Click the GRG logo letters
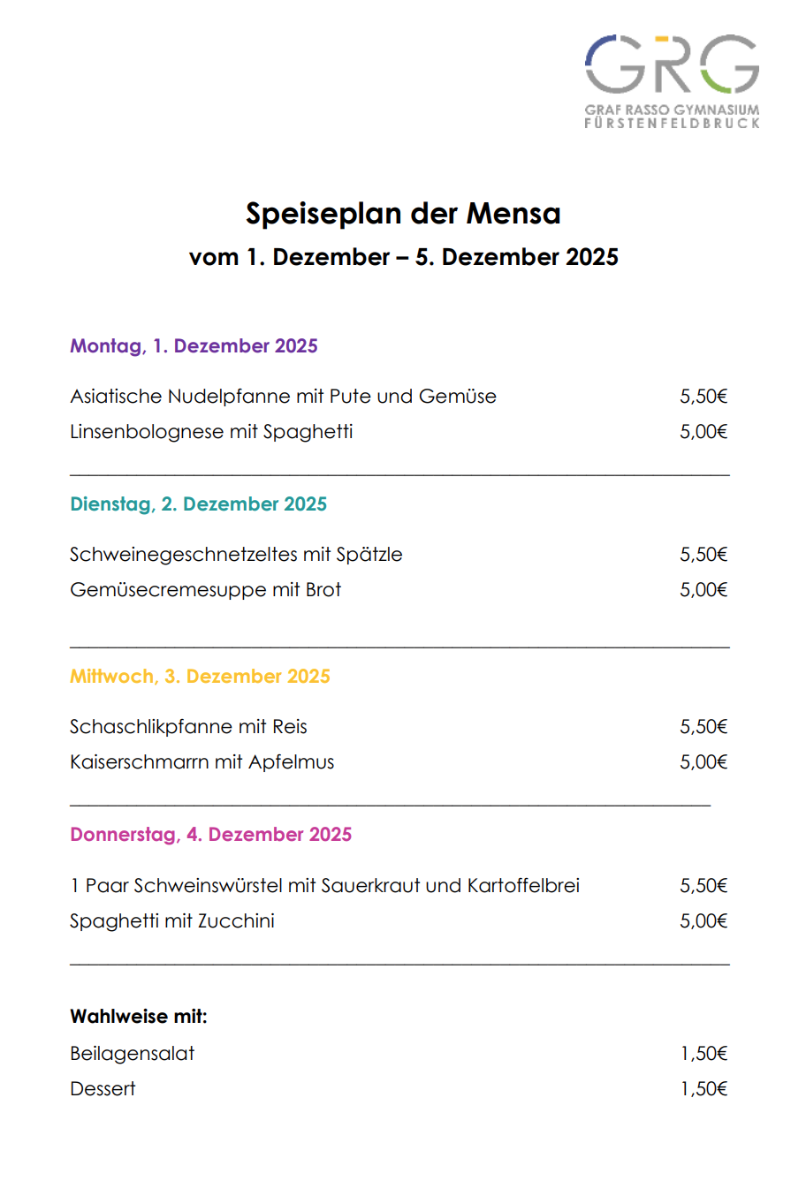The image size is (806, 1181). (x=672, y=64)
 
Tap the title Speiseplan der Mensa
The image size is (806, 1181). (x=403, y=214)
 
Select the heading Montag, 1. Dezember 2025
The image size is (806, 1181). (x=194, y=346)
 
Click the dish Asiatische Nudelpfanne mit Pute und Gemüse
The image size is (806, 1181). (x=283, y=397)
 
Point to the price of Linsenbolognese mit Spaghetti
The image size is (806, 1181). (x=703, y=432)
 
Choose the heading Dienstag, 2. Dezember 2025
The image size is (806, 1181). (x=198, y=504)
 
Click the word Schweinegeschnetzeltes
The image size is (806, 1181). (x=183, y=555)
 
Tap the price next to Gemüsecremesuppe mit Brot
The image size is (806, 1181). (x=703, y=590)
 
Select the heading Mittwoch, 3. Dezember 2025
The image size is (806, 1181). (x=200, y=677)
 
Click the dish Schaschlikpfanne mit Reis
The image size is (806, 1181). (x=188, y=727)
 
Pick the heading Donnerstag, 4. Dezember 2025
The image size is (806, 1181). (x=210, y=835)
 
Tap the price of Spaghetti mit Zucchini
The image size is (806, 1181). (x=703, y=921)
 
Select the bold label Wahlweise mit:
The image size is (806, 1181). (x=139, y=1017)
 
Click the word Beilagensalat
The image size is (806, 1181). (x=133, y=1054)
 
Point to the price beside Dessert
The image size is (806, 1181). (x=703, y=1089)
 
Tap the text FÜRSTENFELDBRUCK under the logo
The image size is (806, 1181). (x=672, y=124)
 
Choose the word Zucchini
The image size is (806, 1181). (x=236, y=921)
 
